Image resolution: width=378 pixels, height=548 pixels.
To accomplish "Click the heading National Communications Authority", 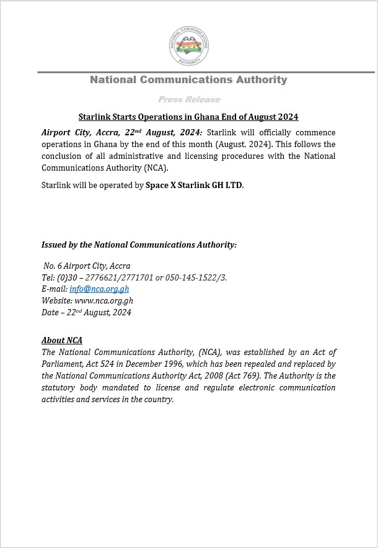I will click(x=188, y=79).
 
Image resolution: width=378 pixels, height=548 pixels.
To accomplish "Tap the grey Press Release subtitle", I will click(x=188, y=99).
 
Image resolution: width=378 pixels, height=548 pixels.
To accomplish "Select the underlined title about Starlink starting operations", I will click(x=188, y=117).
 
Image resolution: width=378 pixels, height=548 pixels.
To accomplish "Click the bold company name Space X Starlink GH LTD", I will click(x=194, y=185).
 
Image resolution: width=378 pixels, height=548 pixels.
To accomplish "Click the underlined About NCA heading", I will click(x=62, y=340).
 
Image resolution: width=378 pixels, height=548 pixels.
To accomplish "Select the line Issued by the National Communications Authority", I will click(x=139, y=245).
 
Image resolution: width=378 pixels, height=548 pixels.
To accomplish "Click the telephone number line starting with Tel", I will click(x=134, y=277).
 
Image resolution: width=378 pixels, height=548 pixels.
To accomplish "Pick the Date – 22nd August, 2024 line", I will click(x=86, y=312).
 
